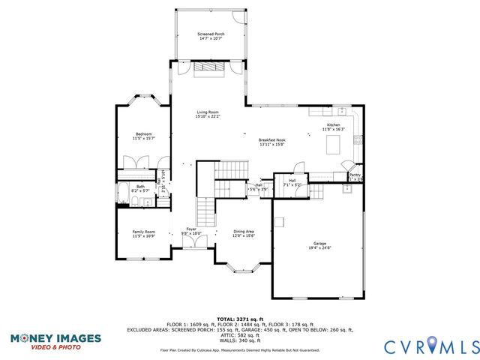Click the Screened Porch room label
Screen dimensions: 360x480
(211, 34)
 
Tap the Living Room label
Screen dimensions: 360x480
(207, 113)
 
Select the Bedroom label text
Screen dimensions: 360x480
(142, 134)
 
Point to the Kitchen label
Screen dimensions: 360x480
(334, 125)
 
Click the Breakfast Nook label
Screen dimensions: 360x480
(271, 140)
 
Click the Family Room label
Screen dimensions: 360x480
(143, 232)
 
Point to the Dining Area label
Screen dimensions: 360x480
(244, 232)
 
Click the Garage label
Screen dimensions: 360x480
(319, 242)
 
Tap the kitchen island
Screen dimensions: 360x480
(334, 145)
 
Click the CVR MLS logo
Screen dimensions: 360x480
(430, 346)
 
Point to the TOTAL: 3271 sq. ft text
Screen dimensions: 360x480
(239, 319)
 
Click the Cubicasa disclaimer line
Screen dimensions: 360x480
(239, 350)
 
